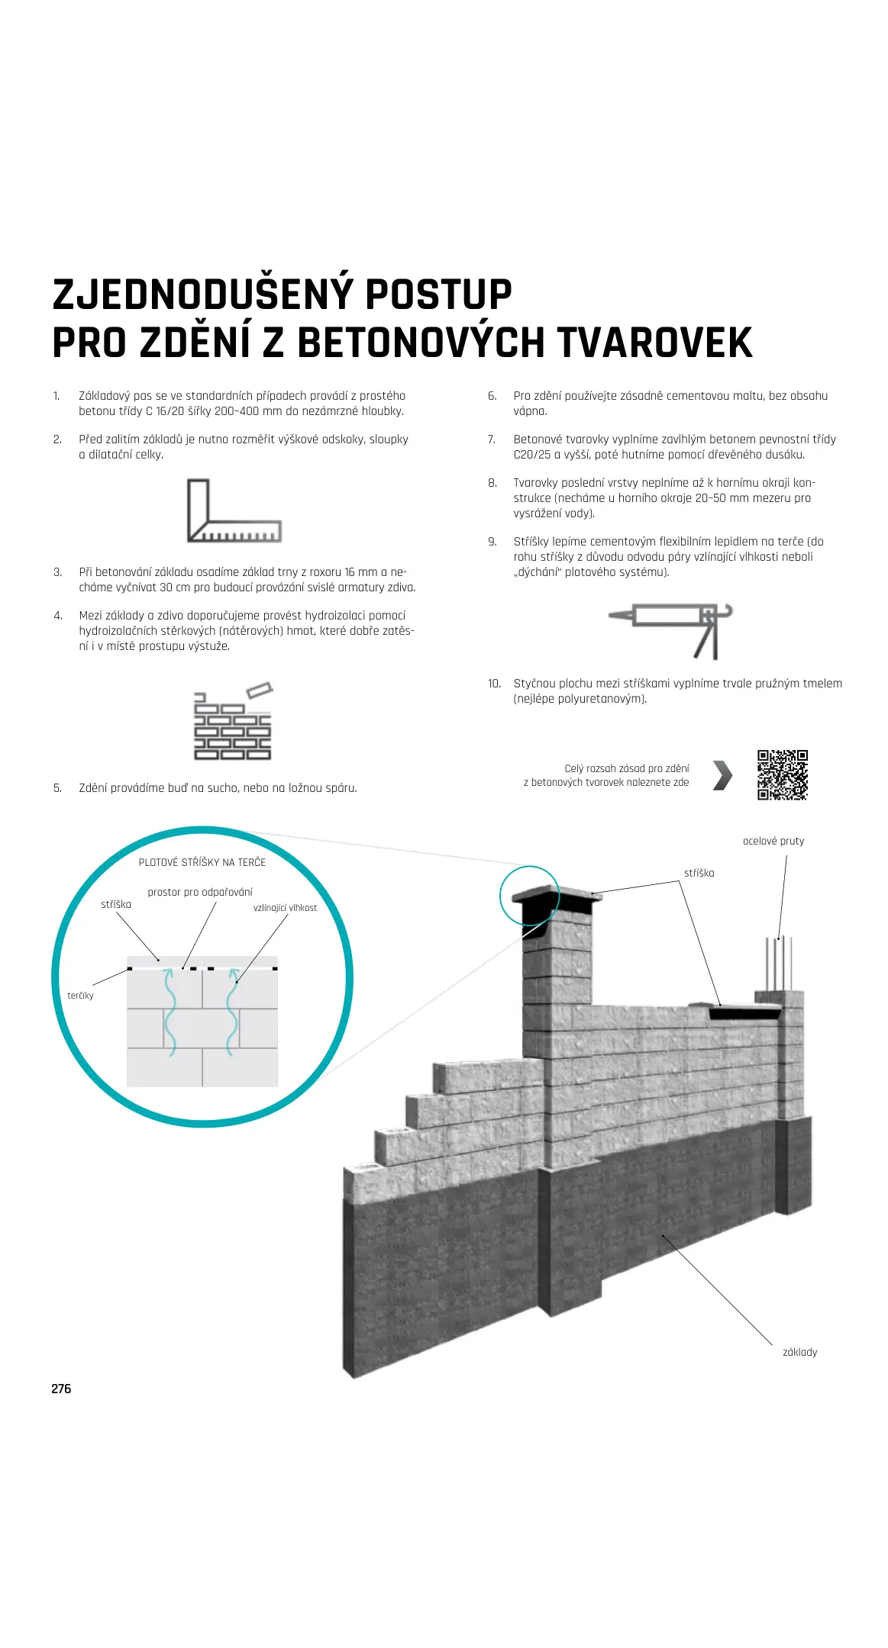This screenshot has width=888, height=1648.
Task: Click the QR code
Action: (782, 774)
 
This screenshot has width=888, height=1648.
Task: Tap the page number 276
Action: (61, 1389)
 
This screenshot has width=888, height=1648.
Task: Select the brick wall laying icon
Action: (233, 721)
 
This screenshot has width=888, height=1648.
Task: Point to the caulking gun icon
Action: (671, 630)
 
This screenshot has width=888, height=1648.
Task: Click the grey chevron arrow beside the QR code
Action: (722, 775)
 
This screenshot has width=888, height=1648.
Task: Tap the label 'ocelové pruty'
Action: (773, 841)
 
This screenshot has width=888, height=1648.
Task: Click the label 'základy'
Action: (799, 1352)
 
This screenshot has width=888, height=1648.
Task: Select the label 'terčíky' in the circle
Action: (80, 996)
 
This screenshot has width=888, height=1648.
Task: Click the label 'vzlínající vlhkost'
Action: (285, 908)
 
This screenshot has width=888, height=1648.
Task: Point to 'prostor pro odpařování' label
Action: (199, 892)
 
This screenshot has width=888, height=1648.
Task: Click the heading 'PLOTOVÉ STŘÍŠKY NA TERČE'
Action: (202, 862)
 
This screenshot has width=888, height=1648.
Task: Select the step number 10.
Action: (494, 684)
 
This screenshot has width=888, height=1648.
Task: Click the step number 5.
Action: (57, 788)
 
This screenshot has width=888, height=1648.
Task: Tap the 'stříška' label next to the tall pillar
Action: (699, 873)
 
